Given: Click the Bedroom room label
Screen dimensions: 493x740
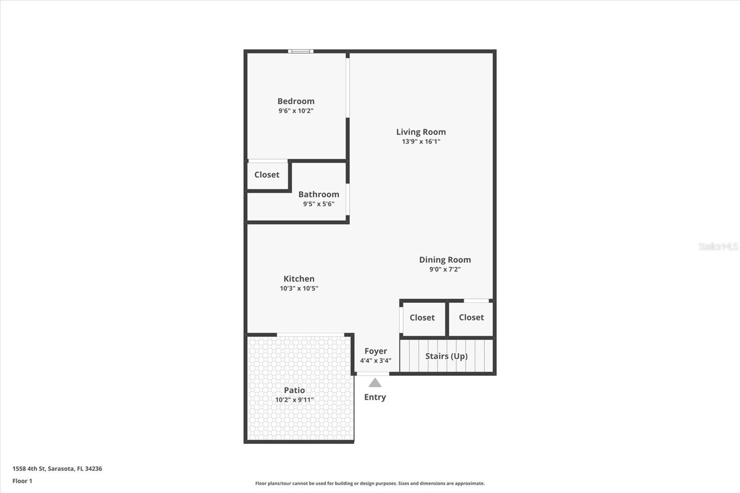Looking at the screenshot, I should click(296, 101).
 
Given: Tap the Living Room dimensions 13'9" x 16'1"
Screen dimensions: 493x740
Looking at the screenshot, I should click(421, 142).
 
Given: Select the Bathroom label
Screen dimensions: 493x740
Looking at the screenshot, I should click(319, 194).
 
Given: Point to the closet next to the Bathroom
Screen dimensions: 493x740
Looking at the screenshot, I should click(267, 174).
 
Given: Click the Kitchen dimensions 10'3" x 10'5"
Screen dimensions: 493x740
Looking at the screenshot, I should click(299, 288).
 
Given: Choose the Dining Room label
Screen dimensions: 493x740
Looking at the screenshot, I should click(445, 259).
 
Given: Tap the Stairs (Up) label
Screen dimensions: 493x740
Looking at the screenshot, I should click(446, 356).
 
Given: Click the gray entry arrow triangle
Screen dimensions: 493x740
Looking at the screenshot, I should click(375, 383).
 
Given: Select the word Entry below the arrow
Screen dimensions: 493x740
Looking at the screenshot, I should click(375, 397).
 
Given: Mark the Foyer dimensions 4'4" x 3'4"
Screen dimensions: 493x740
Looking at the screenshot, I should click(376, 360).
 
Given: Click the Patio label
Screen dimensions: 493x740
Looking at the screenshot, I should click(294, 390).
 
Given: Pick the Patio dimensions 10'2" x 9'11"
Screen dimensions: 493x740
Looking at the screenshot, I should click(294, 400).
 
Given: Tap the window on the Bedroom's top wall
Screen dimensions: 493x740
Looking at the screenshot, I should click(301, 51).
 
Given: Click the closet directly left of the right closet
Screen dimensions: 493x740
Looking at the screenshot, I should click(422, 317).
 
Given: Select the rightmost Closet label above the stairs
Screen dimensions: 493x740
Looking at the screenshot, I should click(471, 317).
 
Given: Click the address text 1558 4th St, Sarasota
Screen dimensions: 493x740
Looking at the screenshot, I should click(57, 468).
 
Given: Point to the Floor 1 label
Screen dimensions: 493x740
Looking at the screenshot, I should click(22, 481).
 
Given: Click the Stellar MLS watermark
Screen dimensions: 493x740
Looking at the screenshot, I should click(718, 246).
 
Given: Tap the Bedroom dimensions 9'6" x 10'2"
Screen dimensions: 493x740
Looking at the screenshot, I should click(296, 111).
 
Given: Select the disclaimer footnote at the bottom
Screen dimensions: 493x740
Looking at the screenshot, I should click(370, 483).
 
